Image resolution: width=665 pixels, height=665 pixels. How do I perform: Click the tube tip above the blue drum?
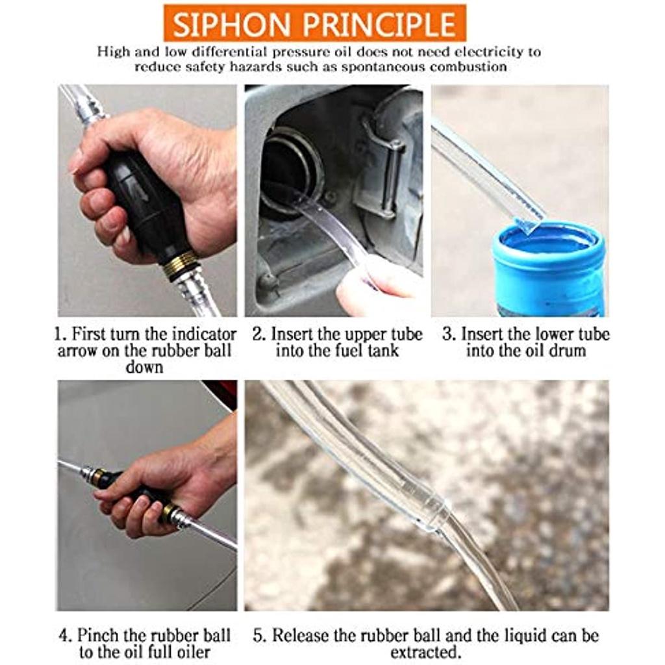tap(529, 221)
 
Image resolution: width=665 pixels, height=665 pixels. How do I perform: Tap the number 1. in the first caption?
tap(60, 335)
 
